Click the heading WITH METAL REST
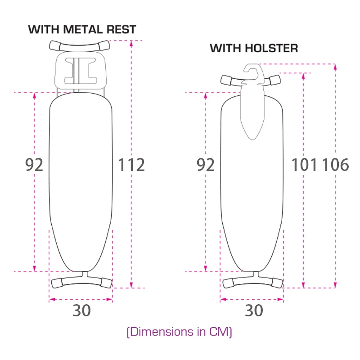[82, 30]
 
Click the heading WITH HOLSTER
[254, 49]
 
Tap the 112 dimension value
[131, 165]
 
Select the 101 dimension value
[304, 165]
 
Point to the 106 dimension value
[335, 165]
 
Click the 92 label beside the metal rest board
[34, 165]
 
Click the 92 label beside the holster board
[206, 165]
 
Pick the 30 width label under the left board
[82, 310]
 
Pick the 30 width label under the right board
[254, 310]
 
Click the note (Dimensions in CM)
[179, 332]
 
